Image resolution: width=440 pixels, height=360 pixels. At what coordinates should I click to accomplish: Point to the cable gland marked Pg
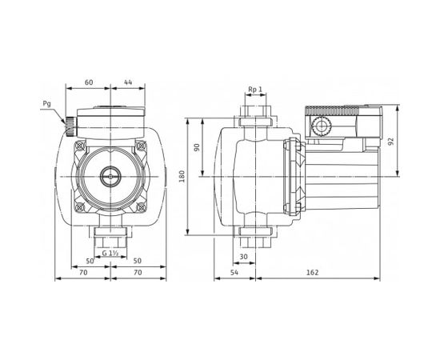pos(69,125)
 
